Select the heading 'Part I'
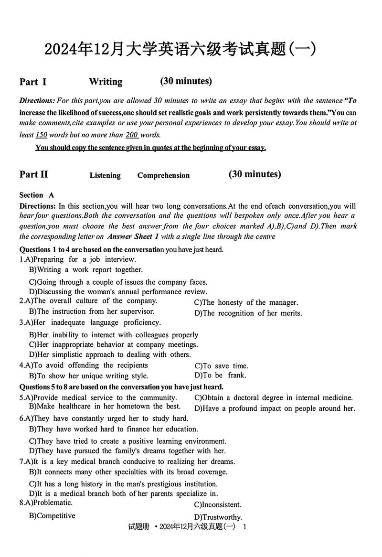coord(33,82)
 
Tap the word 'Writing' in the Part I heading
coord(106,82)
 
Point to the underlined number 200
coord(131,135)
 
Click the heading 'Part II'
coord(34,174)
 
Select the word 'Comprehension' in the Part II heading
coord(163,175)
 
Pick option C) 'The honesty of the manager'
coord(246,302)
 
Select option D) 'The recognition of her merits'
coord(248,313)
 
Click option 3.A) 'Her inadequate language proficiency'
coord(90,322)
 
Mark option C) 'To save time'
coord(222,366)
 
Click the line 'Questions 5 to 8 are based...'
coord(121,387)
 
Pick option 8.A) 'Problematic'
coord(46,503)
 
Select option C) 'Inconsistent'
coord(218,505)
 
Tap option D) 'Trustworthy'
coord(218,517)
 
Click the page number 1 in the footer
coord(244,527)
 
